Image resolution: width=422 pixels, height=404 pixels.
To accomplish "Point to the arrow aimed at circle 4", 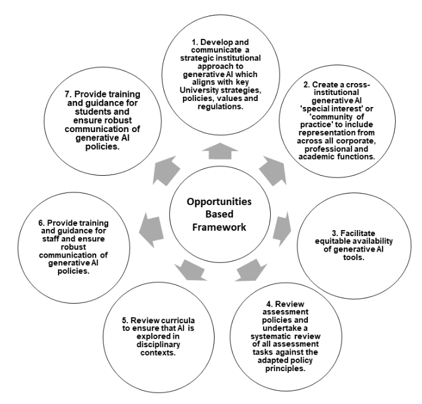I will (x=247, y=270).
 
